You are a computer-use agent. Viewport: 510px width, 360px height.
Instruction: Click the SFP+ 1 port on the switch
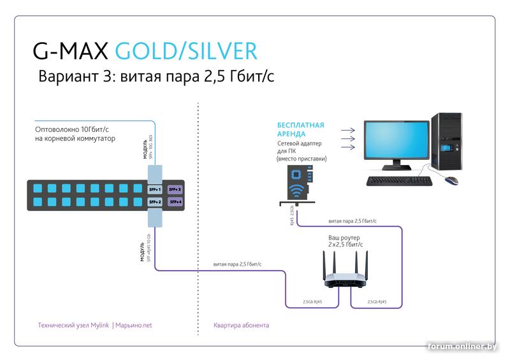[155, 190]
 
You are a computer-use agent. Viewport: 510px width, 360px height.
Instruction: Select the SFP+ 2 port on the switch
[155, 202]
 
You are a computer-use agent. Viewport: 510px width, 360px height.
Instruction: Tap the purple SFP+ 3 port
[175, 190]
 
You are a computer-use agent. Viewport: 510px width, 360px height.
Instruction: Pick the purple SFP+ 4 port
[175, 202]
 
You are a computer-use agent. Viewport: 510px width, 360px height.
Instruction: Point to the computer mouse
[451, 180]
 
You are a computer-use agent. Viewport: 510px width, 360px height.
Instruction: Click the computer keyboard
[399, 181]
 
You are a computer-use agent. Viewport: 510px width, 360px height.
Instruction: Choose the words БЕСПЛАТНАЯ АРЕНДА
[300, 130]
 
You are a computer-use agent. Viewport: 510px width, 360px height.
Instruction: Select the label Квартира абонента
[242, 326]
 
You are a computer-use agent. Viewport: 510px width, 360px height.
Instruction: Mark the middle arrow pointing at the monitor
[347, 138]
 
